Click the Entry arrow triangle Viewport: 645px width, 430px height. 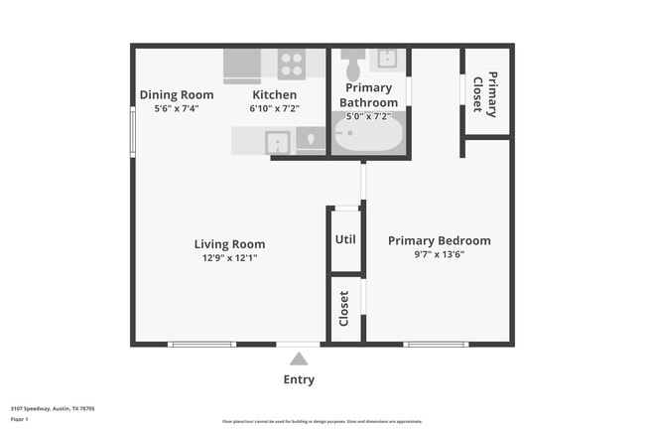pyautogui.click(x=299, y=358)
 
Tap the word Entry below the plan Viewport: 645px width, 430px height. pyautogui.click(x=299, y=379)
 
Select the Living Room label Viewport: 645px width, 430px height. pyautogui.click(x=229, y=244)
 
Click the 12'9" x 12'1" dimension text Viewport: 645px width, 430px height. pyautogui.click(x=229, y=258)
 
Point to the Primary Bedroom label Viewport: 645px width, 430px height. pyautogui.click(x=439, y=240)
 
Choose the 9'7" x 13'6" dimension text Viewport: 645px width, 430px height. pyautogui.click(x=439, y=254)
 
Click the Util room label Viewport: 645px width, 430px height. pyautogui.click(x=345, y=239)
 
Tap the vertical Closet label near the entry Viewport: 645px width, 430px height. pyautogui.click(x=344, y=308)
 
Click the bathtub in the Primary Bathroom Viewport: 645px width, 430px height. pyautogui.click(x=368, y=133)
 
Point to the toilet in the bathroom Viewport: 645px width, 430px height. pyautogui.click(x=352, y=68)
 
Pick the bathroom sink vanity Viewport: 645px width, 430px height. pyautogui.click(x=387, y=59)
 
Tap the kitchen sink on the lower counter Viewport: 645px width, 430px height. pyautogui.click(x=278, y=142)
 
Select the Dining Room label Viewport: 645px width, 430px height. pyautogui.click(x=177, y=95)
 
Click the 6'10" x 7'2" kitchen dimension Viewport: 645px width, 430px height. pyautogui.click(x=273, y=108)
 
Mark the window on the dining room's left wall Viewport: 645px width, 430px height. pyautogui.click(x=133, y=131)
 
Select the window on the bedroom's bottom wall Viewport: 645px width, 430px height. pyautogui.click(x=436, y=345)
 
